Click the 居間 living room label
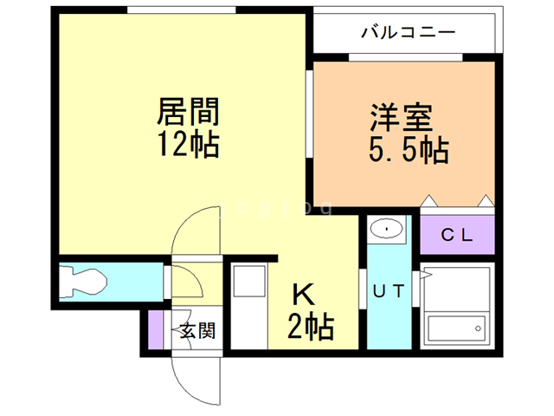click(187, 111)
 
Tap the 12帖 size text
click(187, 144)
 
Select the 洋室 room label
click(402, 117)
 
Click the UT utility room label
click(389, 291)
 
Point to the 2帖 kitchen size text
click(311, 328)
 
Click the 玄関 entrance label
click(197, 330)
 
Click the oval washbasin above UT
click(385, 230)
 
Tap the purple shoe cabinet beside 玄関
click(156, 329)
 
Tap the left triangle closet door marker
click(428, 202)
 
